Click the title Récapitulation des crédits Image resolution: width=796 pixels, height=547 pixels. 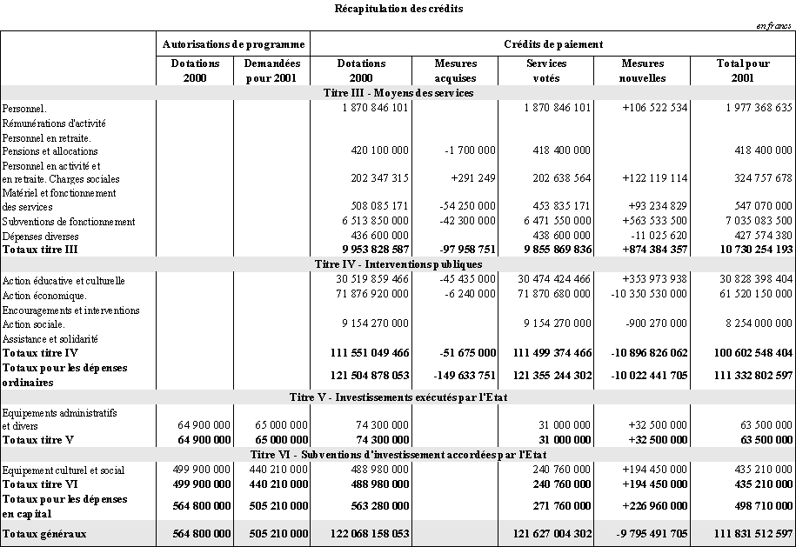click(398, 9)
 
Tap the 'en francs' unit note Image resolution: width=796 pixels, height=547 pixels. click(775, 26)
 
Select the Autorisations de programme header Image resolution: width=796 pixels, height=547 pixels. click(233, 43)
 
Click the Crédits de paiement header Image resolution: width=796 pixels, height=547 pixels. click(553, 43)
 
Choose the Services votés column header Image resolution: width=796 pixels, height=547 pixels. click(546, 70)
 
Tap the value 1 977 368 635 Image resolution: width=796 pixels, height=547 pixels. click(759, 108)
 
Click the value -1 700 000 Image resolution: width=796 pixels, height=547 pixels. click(470, 150)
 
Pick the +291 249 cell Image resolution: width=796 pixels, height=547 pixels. click(474, 178)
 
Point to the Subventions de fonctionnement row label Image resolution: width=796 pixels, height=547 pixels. click(69, 222)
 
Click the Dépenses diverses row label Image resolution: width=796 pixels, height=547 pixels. click(41, 236)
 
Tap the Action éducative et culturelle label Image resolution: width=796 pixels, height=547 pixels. click(64, 281)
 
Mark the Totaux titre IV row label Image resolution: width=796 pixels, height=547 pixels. click(40, 353)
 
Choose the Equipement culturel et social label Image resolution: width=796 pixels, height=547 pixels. click(64, 470)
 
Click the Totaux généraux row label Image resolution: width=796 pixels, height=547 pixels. click(44, 532)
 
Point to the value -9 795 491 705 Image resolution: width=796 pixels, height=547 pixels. click(645, 532)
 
